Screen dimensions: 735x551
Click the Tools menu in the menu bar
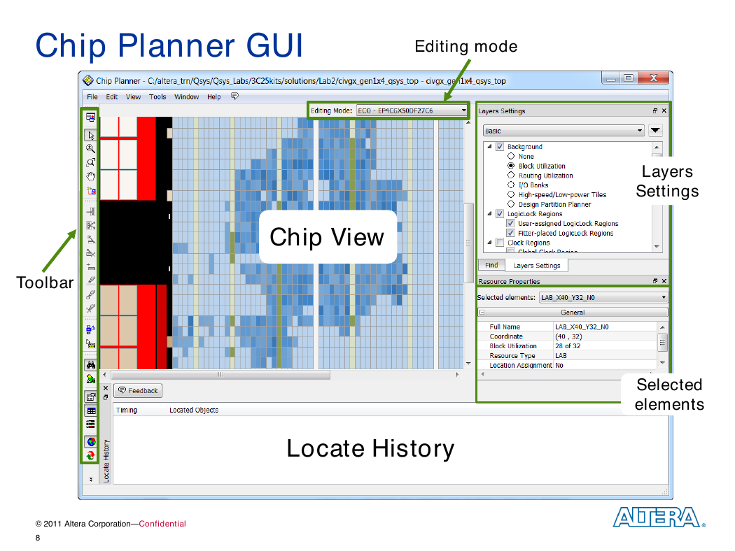(157, 97)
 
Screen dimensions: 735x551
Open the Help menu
(213, 97)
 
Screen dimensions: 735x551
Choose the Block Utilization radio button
(511, 166)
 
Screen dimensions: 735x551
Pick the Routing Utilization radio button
(511, 175)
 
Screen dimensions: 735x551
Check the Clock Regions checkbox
(500, 243)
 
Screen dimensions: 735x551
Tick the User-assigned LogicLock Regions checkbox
(510, 223)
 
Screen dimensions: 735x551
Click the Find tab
(491, 265)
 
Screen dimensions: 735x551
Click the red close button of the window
(653, 78)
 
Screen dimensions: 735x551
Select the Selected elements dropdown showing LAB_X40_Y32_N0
(603, 297)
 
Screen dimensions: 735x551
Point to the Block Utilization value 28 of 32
(568, 346)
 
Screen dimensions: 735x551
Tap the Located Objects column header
(194, 410)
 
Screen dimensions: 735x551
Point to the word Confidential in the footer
(162, 524)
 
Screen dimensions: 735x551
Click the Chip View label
(327, 237)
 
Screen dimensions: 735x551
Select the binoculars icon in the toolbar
(91, 365)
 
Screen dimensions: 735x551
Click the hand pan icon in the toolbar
(91, 176)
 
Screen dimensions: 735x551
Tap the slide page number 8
(38, 538)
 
